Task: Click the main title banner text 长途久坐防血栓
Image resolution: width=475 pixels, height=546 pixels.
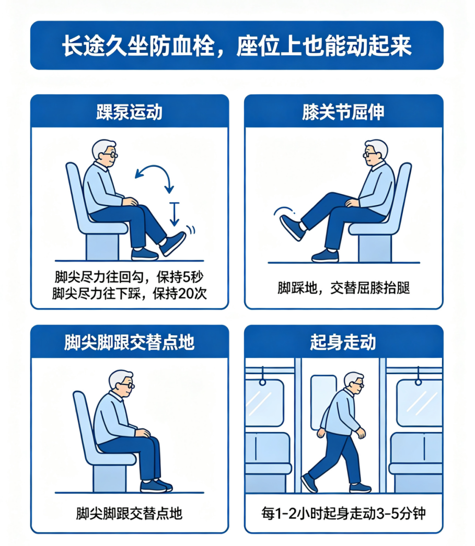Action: (138, 45)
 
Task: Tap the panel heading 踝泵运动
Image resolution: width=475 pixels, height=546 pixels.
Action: (130, 112)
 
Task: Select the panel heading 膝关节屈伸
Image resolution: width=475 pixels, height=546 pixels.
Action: (343, 112)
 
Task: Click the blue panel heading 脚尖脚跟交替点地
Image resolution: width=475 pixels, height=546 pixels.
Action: (129, 342)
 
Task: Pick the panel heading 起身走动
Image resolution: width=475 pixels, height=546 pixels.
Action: (343, 342)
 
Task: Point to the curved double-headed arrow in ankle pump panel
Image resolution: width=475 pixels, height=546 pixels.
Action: (157, 168)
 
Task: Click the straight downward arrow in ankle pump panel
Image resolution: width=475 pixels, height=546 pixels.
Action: (175, 214)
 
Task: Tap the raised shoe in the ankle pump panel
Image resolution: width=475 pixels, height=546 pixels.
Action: (172, 243)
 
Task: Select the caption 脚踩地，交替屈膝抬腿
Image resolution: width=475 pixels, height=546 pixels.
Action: (343, 288)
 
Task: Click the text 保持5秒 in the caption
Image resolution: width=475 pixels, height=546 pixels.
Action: (180, 277)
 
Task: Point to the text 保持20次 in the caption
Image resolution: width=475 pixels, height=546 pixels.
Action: (180, 293)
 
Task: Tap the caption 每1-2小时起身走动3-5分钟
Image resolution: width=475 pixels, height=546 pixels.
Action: (343, 513)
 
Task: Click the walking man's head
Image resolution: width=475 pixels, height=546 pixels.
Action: (353, 384)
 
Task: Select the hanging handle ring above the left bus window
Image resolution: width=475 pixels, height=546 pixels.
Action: (262, 382)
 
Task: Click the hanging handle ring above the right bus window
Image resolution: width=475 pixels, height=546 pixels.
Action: (418, 382)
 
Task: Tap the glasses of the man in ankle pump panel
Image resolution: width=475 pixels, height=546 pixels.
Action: (111, 154)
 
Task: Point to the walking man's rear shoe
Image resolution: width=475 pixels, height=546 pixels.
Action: (309, 483)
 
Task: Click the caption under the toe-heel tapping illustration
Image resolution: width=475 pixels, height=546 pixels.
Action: (129, 513)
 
